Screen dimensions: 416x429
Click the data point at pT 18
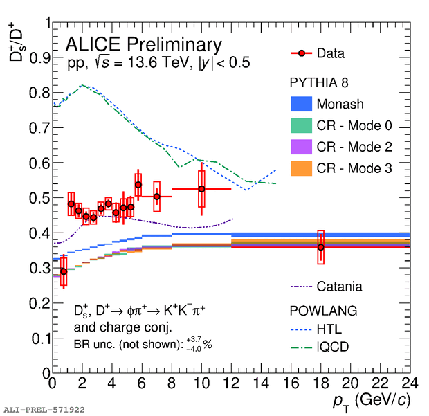point(320,247)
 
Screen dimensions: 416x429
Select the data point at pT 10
point(201,189)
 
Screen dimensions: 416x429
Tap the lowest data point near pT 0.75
point(64,271)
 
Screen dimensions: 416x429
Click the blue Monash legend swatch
point(301,105)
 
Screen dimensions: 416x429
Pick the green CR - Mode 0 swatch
point(301,125)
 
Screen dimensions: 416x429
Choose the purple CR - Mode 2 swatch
point(301,147)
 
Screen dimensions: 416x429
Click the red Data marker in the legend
point(301,53)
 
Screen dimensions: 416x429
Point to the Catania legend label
point(339,286)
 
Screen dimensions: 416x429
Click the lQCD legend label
point(335,348)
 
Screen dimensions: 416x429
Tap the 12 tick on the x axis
point(231,383)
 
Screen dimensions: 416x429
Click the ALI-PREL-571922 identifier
point(44,410)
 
